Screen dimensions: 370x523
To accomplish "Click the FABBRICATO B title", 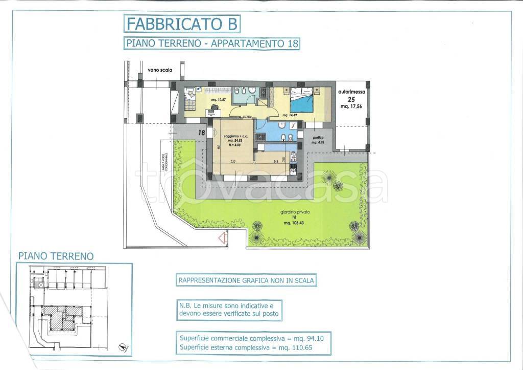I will click(181, 24).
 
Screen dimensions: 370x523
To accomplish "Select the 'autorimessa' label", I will click(352, 92).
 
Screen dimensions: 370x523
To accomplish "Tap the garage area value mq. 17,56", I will click(352, 106).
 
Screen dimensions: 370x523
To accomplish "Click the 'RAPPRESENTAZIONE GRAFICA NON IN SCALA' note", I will click(246, 280).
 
